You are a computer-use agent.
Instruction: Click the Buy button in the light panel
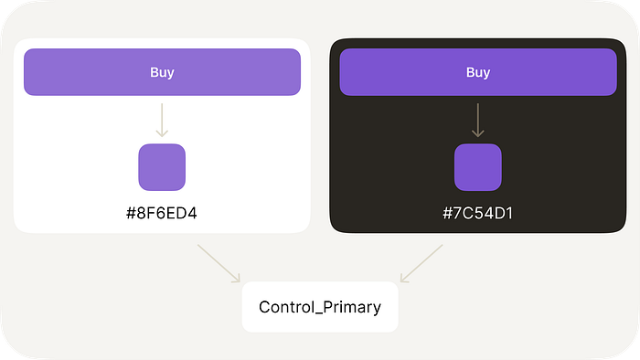[162, 72]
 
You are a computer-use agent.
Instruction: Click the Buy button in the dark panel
[478, 72]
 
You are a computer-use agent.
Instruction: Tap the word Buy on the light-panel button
[162, 72]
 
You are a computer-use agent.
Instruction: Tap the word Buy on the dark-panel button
[478, 72]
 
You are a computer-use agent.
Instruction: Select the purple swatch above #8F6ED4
[162, 167]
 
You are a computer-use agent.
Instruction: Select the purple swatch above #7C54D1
[478, 167]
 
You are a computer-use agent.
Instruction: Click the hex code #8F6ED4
[162, 213]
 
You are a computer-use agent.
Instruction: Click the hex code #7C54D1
[477, 213]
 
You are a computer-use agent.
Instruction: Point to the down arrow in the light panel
[162, 121]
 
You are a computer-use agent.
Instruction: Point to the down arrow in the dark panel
[478, 121]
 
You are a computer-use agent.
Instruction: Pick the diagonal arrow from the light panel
[219, 263]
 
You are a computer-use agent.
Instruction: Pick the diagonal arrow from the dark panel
[421, 263]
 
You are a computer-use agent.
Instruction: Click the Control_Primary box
[320, 307]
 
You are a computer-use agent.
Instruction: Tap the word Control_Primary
[320, 307]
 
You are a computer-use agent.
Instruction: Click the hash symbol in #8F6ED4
[131, 213]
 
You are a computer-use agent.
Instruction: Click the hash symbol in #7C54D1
[447, 213]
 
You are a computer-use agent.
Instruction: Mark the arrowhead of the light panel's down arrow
[162, 136]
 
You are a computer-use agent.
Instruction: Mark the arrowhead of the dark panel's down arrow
[478, 136]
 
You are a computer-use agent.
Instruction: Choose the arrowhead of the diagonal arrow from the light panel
[240, 281]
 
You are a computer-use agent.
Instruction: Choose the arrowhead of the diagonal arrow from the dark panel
[400, 281]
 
